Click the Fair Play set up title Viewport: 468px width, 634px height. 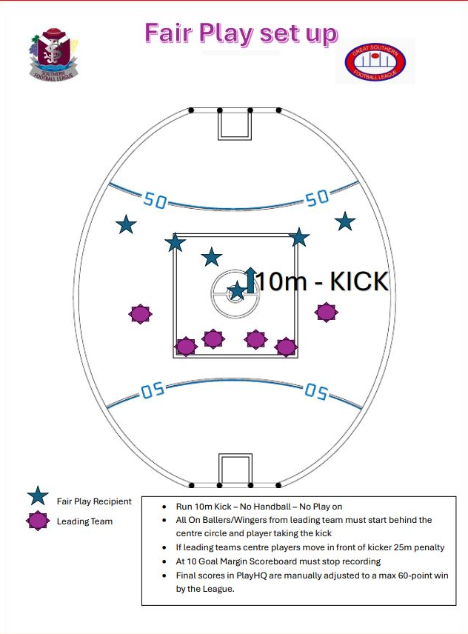[x=241, y=33]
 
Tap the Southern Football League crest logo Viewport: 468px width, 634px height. [x=52, y=53]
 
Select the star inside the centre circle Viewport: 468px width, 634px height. [x=237, y=290]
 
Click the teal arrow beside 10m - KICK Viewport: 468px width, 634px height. [x=250, y=279]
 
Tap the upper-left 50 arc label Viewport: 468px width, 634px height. [x=155, y=200]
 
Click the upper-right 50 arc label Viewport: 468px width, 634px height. [x=317, y=198]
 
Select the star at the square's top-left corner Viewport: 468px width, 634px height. [x=175, y=242]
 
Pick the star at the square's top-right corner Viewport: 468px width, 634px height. [x=298, y=237]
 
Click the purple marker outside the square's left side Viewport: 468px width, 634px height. [x=140, y=314]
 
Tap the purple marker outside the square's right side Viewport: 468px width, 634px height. [x=326, y=312]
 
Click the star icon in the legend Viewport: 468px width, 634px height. [x=38, y=498]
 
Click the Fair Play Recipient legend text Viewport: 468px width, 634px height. [x=94, y=501]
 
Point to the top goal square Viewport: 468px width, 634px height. [x=234, y=124]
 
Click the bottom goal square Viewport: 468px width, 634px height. [x=234, y=470]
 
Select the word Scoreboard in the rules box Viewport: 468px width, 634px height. [x=281, y=561]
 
